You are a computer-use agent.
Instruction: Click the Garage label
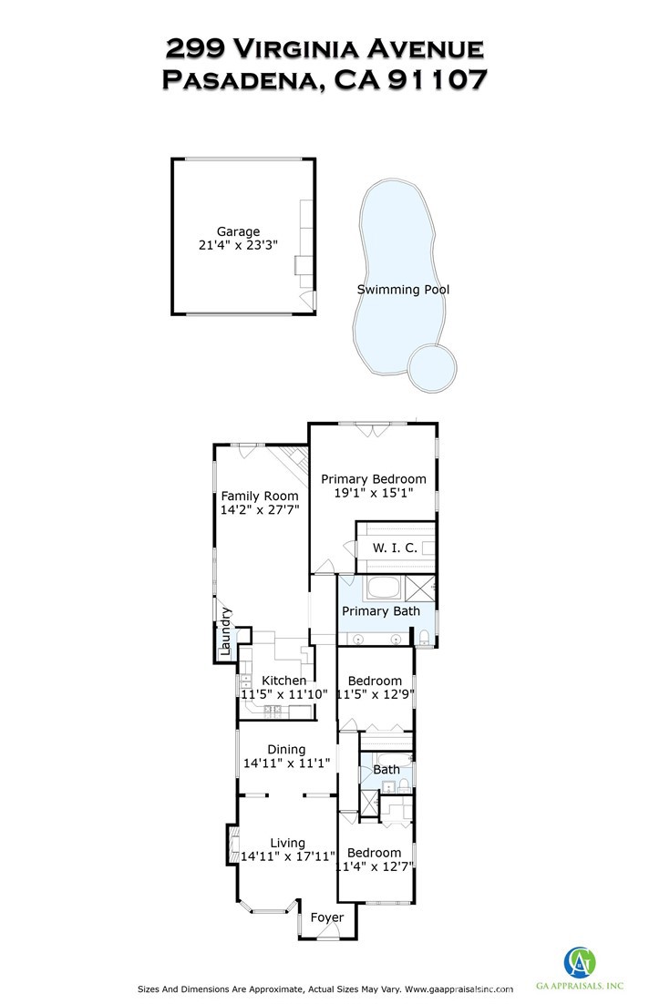coord(238,231)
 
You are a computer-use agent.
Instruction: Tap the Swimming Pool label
coord(403,290)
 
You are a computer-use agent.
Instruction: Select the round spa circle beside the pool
coord(431,366)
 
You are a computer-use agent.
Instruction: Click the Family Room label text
coord(260,496)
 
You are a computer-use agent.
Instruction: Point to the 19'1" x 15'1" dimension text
coord(373,493)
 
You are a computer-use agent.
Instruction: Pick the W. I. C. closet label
coord(395,548)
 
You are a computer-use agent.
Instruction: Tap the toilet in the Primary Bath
coord(426,637)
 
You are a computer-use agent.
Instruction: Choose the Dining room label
coord(285,749)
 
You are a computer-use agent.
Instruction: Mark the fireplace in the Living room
coord(233,844)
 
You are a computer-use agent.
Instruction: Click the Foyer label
coord(327,917)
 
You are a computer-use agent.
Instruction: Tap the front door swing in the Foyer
coord(334,930)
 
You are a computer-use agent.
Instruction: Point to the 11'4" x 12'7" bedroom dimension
coord(374,867)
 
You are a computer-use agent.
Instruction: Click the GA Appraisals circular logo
coord(581,962)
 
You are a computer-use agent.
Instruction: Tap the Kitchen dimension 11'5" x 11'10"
coord(283,693)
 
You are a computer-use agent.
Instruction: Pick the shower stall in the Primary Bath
coord(420,587)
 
